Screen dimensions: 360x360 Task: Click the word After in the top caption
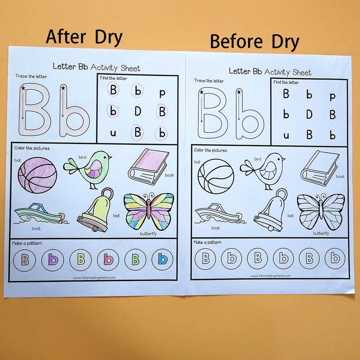(66, 37)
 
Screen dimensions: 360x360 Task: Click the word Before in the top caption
(236, 41)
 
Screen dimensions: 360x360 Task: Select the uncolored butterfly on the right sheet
(321, 212)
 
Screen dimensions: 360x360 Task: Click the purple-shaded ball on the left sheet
(37, 175)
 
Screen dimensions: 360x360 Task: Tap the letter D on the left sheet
(138, 111)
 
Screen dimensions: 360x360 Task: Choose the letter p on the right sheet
(332, 96)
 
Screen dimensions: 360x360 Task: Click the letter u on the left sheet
(113, 133)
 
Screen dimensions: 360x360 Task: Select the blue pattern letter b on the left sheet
(163, 260)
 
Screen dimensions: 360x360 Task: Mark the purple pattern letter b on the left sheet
(53, 260)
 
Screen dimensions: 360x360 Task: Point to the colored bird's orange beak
(110, 157)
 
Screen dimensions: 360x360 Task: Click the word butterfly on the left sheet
(148, 234)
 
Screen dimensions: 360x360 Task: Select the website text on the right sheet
(271, 276)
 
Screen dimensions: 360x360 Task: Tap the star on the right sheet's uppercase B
(202, 92)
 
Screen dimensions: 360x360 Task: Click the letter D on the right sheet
(309, 114)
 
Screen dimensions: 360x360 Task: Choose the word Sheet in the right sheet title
(302, 73)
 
